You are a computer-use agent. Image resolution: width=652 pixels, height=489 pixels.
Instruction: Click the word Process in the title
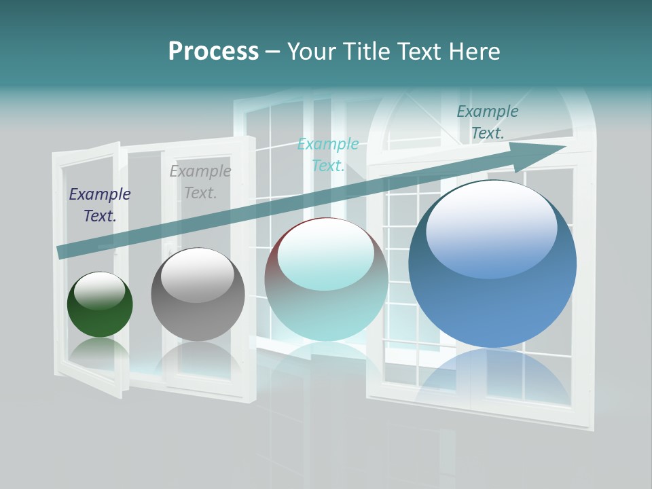(213, 52)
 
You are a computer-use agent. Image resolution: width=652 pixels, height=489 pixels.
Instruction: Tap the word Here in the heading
(475, 52)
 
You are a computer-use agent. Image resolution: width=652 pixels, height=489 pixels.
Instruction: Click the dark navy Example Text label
(100, 205)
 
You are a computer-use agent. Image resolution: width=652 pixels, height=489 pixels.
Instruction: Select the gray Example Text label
(200, 182)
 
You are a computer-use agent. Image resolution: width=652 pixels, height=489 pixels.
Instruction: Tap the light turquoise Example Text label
(328, 155)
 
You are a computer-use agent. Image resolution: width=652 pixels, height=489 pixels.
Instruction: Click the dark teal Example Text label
(488, 122)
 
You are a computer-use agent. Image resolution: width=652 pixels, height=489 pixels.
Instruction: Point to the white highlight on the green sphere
(100, 290)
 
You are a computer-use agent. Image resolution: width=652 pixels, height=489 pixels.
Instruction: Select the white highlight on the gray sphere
(198, 274)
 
